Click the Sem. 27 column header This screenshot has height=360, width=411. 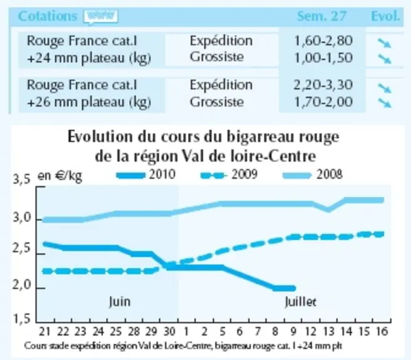click(x=322, y=16)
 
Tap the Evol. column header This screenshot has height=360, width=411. click(x=385, y=16)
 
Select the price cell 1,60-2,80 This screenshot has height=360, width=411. click(x=323, y=41)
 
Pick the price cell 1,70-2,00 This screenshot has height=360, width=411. click(x=323, y=102)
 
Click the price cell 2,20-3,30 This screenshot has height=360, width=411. click(x=323, y=85)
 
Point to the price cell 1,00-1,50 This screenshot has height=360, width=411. click(x=323, y=57)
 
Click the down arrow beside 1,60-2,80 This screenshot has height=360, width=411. click(x=384, y=43)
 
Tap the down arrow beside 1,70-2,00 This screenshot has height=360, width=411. click(x=384, y=102)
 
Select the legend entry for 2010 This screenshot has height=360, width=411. click(x=146, y=174)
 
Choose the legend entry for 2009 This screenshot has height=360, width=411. click(x=229, y=174)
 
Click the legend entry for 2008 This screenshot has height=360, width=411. click(x=312, y=174)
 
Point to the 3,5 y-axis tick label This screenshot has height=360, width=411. click(x=21, y=180)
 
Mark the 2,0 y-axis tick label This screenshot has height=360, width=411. click(x=21, y=285)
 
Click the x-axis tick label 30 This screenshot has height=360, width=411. click(x=169, y=332)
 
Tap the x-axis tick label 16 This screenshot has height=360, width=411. click(x=382, y=332)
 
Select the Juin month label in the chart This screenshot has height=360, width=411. click(x=119, y=301)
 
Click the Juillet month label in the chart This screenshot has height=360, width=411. click(x=300, y=302)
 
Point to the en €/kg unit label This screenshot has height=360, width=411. click(x=60, y=176)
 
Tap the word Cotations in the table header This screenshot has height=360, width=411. click(x=47, y=16)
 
